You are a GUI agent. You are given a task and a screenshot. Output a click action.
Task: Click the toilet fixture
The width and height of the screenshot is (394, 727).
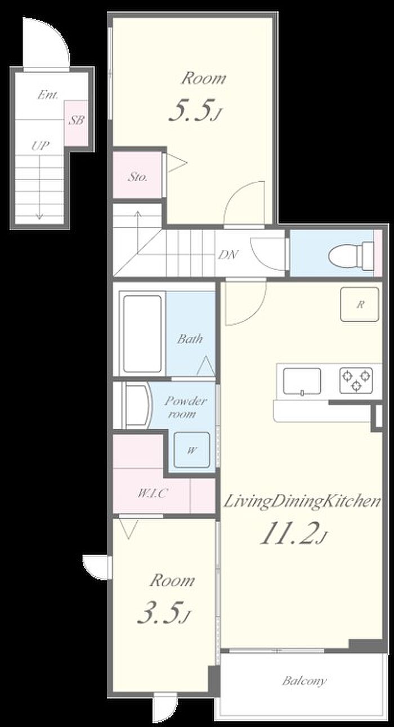[x=352, y=255]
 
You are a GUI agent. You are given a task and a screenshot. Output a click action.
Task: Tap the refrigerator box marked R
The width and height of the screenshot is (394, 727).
[x=360, y=304]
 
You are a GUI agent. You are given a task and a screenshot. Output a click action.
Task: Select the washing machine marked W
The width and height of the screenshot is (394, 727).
[x=192, y=450]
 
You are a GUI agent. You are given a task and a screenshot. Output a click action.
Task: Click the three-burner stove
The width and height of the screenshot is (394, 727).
[x=356, y=380]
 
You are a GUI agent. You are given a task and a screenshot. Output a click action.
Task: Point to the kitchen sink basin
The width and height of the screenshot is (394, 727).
[x=302, y=382]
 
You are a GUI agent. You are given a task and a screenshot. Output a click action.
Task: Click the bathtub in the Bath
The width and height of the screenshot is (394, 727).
[x=142, y=334]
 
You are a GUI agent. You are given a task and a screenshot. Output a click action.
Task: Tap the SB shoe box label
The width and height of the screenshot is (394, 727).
[x=77, y=120]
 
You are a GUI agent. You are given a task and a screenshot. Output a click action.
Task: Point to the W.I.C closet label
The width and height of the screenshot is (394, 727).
[x=153, y=493]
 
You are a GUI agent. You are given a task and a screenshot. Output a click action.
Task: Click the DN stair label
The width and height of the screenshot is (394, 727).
[x=228, y=254]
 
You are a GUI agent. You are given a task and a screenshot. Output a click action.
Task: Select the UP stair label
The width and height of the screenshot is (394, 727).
[x=41, y=146]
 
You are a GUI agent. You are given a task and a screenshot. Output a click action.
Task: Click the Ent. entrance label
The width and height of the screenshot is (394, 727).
[x=48, y=95]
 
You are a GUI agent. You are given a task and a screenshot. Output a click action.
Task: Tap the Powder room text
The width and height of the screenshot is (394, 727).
[x=185, y=407]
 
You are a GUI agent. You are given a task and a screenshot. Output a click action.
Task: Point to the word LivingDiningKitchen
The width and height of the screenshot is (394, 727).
[x=302, y=502]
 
